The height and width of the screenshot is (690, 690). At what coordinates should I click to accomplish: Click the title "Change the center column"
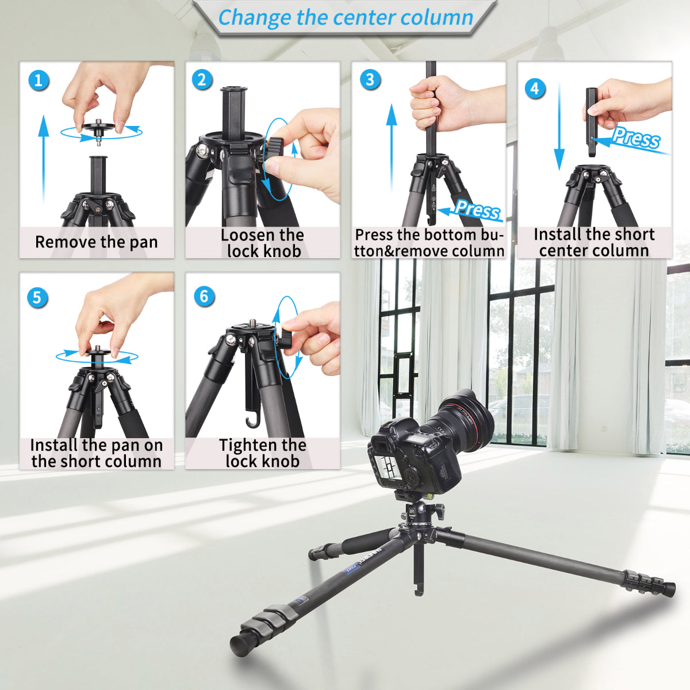pos(346,18)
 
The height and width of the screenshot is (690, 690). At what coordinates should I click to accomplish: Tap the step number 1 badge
pos(39,79)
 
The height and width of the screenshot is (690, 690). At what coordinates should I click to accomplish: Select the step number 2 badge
pos(202,79)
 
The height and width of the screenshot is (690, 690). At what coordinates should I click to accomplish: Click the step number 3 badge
pos(370,79)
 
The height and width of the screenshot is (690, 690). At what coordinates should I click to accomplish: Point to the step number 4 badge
pos(535,88)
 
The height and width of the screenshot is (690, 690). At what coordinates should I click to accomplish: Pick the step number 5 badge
pos(37,297)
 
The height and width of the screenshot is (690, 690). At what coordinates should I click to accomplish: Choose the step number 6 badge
pos(204,297)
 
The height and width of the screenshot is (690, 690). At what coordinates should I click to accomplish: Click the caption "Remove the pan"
pos(97,242)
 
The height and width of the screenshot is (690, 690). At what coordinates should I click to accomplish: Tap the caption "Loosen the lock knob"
pos(263,243)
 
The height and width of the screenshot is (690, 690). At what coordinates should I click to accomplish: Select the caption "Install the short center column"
pos(594,242)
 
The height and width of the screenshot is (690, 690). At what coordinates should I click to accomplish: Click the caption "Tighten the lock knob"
pos(263,453)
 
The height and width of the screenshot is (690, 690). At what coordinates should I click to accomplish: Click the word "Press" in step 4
pos(635,138)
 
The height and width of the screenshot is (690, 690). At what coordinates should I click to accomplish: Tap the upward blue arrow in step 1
pos(44,155)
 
